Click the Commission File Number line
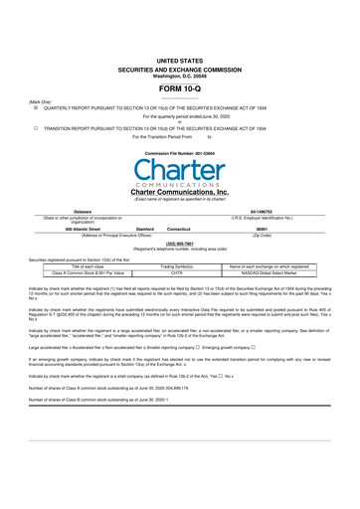[179, 155]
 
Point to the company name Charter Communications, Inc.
[179, 192]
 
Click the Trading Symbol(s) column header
[180, 265]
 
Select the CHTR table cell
[180, 272]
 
